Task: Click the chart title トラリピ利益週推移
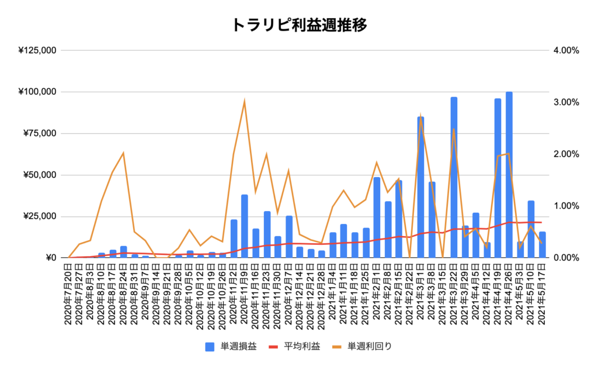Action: pos(299,25)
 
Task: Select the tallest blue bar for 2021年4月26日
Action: pos(509,175)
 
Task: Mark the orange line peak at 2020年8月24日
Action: pos(123,153)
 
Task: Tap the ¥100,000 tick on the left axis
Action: pos(37,92)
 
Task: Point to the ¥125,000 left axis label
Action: pos(37,51)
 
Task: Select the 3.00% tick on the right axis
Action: pos(565,102)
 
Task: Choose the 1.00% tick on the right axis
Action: pos(565,206)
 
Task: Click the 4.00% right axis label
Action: pos(565,51)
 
